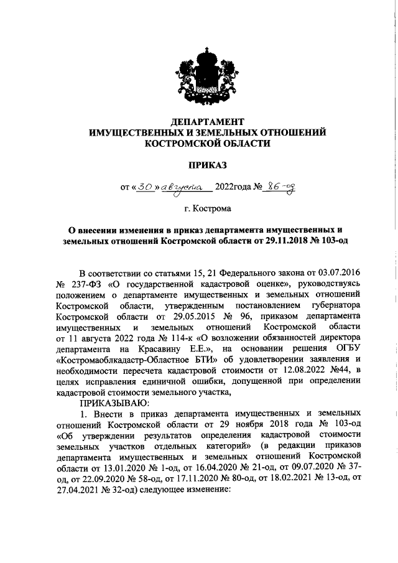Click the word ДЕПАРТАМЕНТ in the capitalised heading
(208, 121)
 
